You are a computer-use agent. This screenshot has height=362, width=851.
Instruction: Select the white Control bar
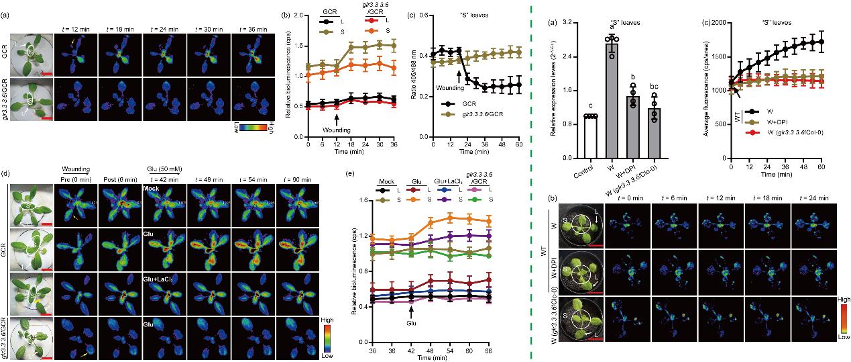[x=588, y=137]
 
